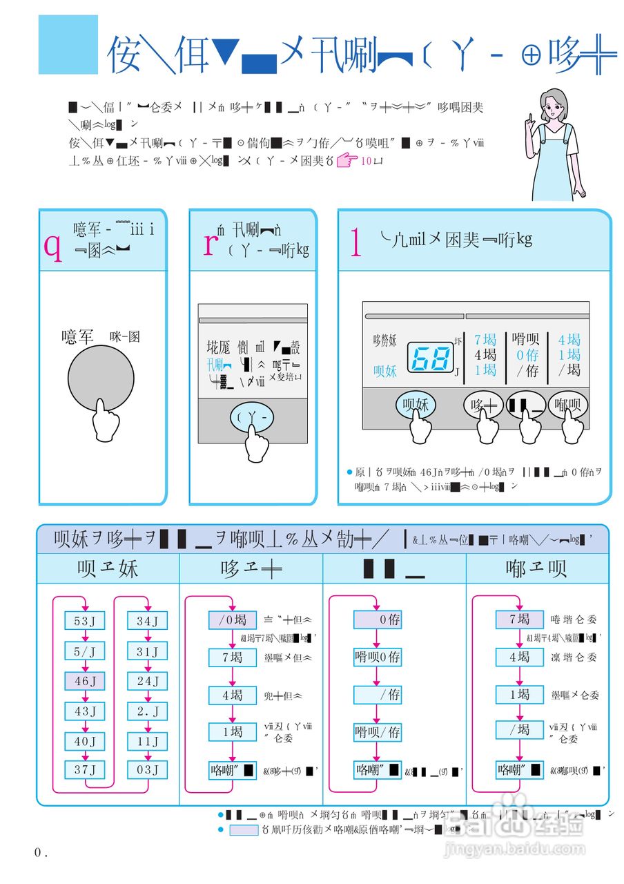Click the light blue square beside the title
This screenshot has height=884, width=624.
tap(68, 45)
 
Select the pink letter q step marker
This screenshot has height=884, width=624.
tap(52, 244)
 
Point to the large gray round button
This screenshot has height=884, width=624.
tap(101, 379)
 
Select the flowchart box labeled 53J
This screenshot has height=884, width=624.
tap(85, 621)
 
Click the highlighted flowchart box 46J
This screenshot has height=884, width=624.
tap(85, 681)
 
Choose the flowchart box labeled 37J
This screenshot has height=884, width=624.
tap(85, 769)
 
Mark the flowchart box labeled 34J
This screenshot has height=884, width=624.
tap(148, 621)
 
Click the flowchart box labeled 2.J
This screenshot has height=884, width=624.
tap(148, 711)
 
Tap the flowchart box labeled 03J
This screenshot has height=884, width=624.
tap(148, 769)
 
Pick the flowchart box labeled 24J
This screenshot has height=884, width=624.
tap(148, 681)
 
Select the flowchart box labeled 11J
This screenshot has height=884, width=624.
tap(148, 740)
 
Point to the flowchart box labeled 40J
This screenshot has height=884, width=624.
tap(85, 740)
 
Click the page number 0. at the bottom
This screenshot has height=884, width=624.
tap(41, 853)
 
